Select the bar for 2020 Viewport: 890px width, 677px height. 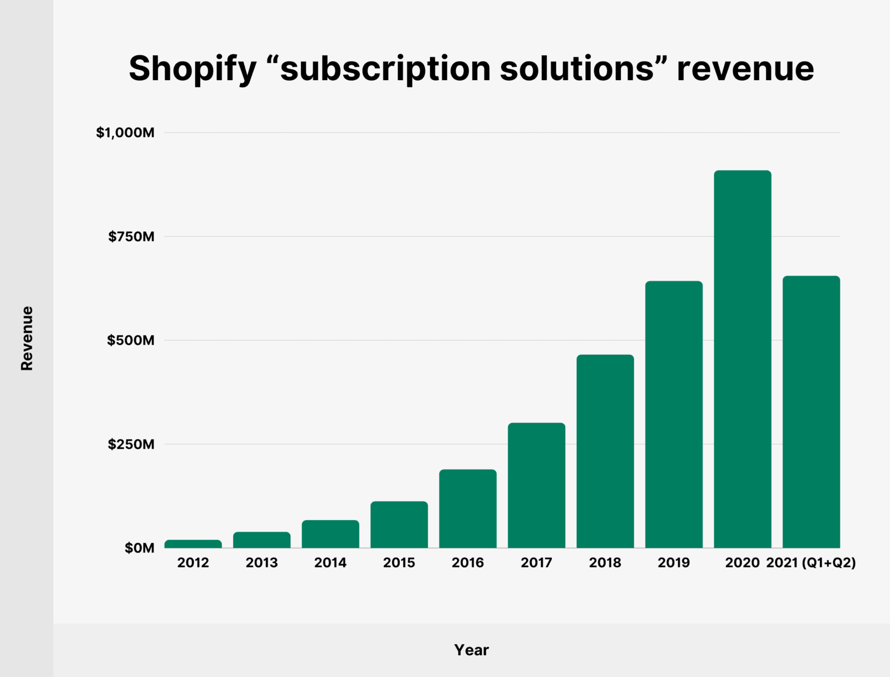coord(743,359)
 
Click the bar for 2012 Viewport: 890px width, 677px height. coord(193,544)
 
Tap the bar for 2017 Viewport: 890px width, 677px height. coord(536,485)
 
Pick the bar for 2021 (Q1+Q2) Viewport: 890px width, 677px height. coord(811,412)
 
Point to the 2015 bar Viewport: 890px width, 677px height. coord(399,524)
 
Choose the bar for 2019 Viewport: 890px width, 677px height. coord(674,415)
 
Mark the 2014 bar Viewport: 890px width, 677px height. coord(330,534)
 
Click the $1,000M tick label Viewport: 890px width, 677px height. coord(125,133)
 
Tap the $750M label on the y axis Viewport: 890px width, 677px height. coord(131,237)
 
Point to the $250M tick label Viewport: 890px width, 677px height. coord(131,444)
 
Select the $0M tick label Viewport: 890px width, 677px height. coord(140,548)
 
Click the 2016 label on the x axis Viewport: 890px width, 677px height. coord(468,563)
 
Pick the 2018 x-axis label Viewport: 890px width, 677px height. coord(605,563)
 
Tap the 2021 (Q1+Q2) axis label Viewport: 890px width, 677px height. coord(811,563)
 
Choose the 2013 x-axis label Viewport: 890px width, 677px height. coord(261,563)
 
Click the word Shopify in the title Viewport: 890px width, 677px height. coord(192,69)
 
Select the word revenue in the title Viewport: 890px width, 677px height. coord(745,69)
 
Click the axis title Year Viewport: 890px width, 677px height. coord(471,650)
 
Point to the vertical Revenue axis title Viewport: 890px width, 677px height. coord(27,338)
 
